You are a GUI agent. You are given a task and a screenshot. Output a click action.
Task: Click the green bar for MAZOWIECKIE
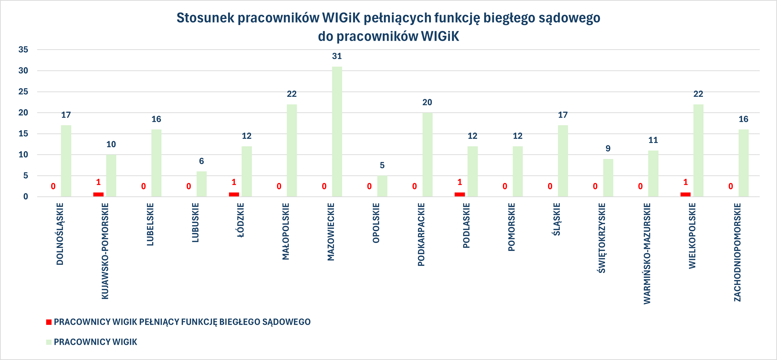tap(337, 131)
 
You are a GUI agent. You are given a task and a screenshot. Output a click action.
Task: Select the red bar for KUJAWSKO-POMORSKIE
tap(98, 194)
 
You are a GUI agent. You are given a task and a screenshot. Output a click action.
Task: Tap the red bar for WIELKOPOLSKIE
tap(685, 194)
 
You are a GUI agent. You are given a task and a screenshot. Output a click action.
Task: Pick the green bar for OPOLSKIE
tap(382, 186)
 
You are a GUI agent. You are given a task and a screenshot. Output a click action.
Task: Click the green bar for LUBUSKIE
tap(202, 184)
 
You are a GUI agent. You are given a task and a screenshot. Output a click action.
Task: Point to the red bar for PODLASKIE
tap(459, 194)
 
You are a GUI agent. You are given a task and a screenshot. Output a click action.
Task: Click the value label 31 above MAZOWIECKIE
tap(337, 56)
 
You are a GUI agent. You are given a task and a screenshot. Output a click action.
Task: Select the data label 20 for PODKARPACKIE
tap(427, 102)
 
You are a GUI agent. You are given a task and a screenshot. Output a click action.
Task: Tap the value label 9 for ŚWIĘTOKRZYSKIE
tap(608, 148)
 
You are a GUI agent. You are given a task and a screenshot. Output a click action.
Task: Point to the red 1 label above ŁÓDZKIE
tap(234, 182)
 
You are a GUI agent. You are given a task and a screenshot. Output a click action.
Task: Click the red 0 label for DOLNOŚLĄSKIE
tap(53, 186)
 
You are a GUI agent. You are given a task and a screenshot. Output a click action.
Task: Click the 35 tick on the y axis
tap(23, 49)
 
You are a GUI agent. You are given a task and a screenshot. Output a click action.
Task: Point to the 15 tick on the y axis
tap(23, 134)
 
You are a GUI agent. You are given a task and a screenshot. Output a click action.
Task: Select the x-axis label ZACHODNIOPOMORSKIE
tap(737, 252)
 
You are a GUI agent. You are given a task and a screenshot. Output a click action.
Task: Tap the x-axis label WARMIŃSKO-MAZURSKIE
tap(647, 254)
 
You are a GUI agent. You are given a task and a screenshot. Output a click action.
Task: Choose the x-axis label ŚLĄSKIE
tap(557, 219)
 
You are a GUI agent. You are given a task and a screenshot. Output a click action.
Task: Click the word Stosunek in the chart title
tap(205, 18)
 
